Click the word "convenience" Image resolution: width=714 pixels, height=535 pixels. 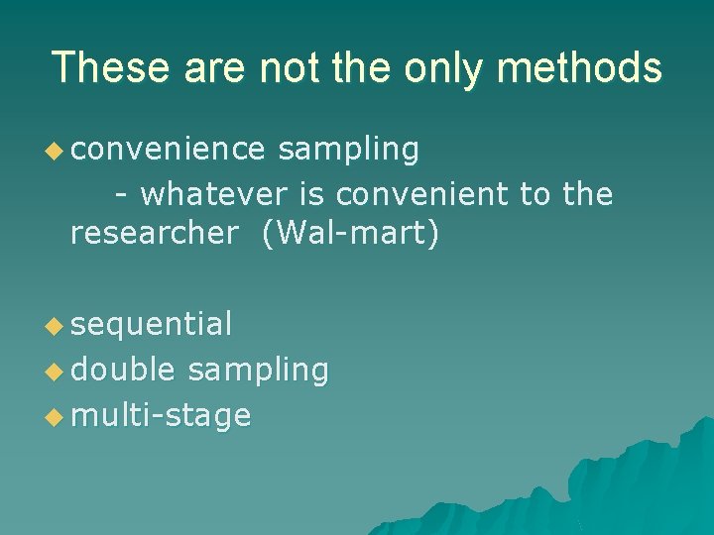(x=168, y=150)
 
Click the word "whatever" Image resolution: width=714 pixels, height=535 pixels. (x=213, y=194)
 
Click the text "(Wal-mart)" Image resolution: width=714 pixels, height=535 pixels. (x=350, y=236)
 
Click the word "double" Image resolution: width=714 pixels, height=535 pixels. (x=123, y=370)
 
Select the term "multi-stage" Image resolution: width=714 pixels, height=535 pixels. (x=161, y=415)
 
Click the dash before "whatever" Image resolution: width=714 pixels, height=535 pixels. (x=121, y=196)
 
